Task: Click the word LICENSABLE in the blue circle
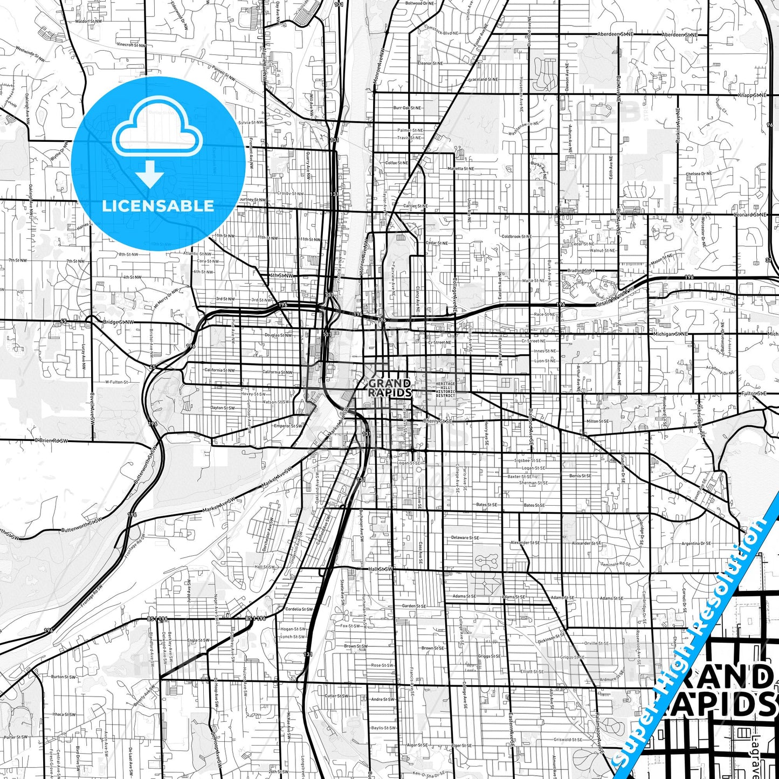[158, 206]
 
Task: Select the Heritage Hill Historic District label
[445, 389]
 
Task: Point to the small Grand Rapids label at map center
[389, 388]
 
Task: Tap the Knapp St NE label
[752, 95]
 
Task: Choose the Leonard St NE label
[750, 215]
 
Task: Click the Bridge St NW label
[118, 322]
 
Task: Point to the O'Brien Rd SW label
[52, 440]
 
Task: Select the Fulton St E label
[754, 394]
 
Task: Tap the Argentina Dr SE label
[696, 543]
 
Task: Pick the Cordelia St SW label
[299, 609]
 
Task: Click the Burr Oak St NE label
[408, 108]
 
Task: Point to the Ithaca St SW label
[64, 715]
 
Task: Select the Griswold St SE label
[568, 740]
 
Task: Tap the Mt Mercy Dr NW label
[166, 298]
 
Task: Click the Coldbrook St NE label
[516, 237]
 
